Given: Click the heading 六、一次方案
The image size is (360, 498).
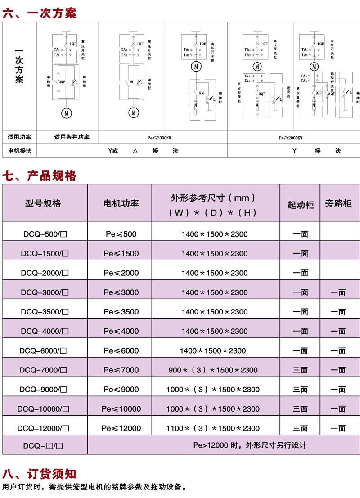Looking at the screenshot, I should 40,13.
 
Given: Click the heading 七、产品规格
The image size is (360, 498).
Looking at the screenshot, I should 40,176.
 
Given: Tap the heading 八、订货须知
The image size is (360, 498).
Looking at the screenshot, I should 40,473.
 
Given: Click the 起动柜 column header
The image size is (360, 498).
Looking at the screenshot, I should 300,205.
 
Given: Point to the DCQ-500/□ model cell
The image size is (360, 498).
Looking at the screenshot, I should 45,234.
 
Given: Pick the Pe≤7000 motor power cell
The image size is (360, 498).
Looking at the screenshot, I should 121,370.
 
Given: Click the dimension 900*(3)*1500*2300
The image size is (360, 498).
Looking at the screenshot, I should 213,370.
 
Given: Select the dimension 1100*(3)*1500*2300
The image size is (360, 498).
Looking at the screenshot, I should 213,428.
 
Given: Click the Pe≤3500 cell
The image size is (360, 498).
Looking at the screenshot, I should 121,311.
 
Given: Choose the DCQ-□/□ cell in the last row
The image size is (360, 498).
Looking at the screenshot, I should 45,445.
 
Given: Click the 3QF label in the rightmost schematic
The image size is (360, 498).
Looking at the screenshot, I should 332,94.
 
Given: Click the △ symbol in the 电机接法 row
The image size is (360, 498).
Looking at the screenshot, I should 135,151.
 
